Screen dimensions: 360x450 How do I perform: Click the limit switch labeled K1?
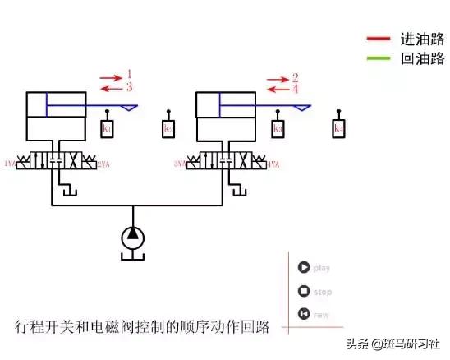click(108, 129)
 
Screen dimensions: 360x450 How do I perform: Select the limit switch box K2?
click(168, 129)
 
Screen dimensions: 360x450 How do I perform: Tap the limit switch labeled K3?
click(278, 129)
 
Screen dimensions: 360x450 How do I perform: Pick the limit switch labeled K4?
click(338, 129)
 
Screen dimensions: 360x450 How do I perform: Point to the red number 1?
click(129, 75)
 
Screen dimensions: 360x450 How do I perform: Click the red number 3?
click(129, 86)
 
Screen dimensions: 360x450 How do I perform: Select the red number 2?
click(295, 77)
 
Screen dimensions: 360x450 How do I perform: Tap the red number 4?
click(295, 88)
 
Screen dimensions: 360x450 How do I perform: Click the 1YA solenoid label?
click(10, 164)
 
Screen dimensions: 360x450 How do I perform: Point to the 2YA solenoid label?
click(104, 164)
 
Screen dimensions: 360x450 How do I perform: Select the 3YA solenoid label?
click(180, 164)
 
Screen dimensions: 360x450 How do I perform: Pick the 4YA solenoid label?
click(274, 164)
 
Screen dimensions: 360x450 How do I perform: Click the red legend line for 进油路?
click(379, 38)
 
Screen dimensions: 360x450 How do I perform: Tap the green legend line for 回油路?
click(379, 58)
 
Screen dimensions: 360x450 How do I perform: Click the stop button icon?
click(304, 291)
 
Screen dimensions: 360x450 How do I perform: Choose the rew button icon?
click(304, 313)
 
